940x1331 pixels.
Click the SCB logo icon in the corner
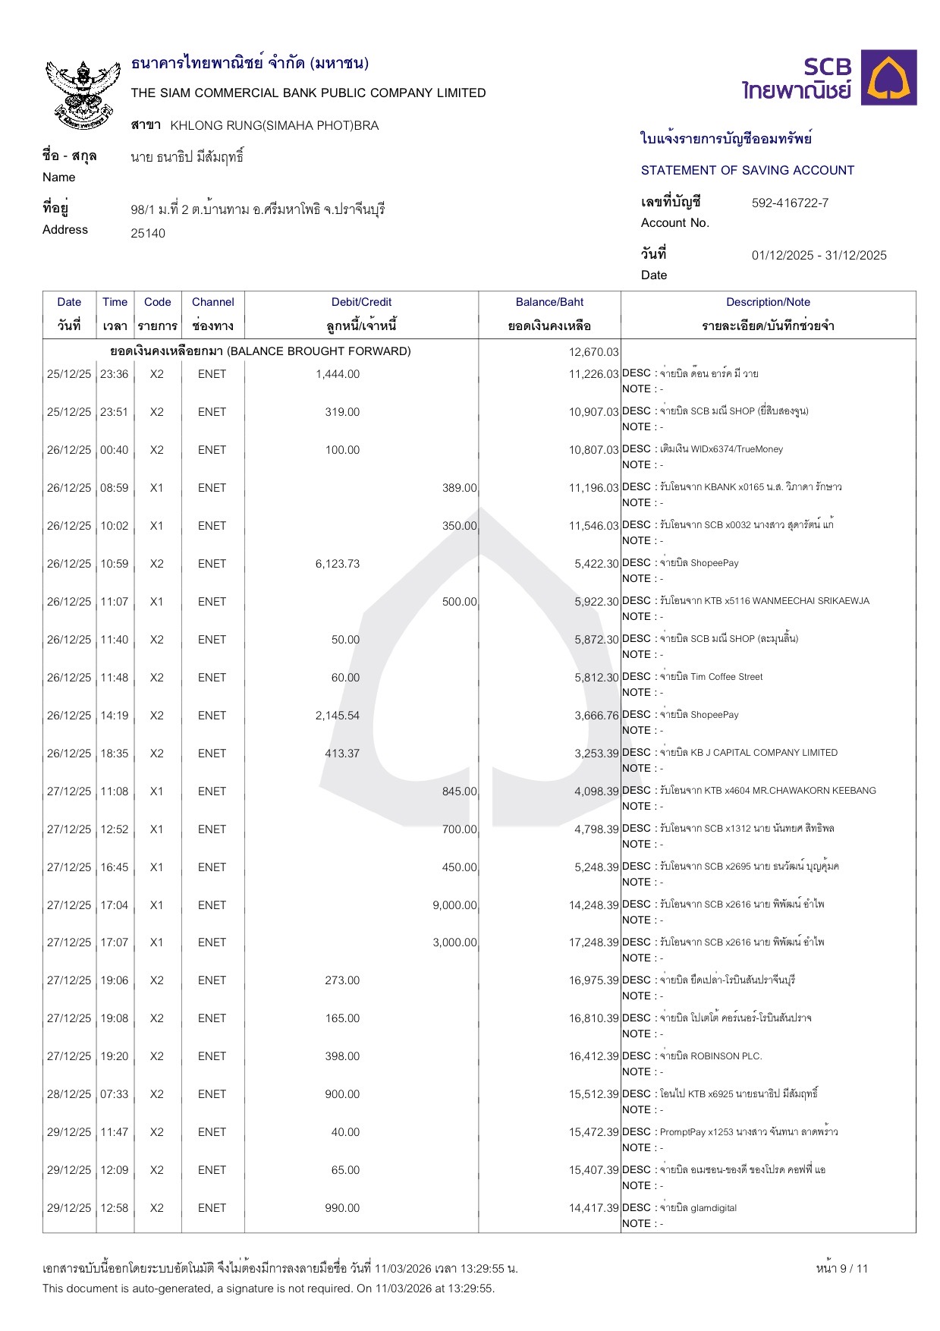pyautogui.click(x=892, y=77)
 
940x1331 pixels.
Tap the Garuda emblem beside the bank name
pyautogui.click(x=83, y=93)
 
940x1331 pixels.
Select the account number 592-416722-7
pyautogui.click(x=790, y=203)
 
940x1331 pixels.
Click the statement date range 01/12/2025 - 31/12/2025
pyautogui.click(x=819, y=256)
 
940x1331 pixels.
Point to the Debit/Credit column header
pyautogui.click(x=361, y=302)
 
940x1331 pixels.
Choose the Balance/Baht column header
pyautogui.click(x=549, y=302)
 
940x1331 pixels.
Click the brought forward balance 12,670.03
pyautogui.click(x=593, y=352)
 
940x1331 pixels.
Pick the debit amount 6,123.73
pyautogui.click(x=338, y=564)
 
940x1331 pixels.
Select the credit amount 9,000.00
pyautogui.click(x=454, y=905)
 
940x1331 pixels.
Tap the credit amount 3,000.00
pyautogui.click(x=454, y=942)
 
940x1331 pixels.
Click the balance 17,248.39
pyautogui.click(x=593, y=942)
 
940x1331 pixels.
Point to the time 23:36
pyautogui.click(x=115, y=374)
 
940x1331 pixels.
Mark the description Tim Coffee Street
pyautogui.click(x=726, y=677)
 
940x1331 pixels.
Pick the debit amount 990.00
pyautogui.click(x=342, y=1208)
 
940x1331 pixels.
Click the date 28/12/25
pyautogui.click(x=69, y=1094)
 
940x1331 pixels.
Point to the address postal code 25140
pyautogui.click(x=148, y=234)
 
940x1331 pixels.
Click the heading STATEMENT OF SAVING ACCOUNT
pyautogui.click(x=747, y=171)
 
